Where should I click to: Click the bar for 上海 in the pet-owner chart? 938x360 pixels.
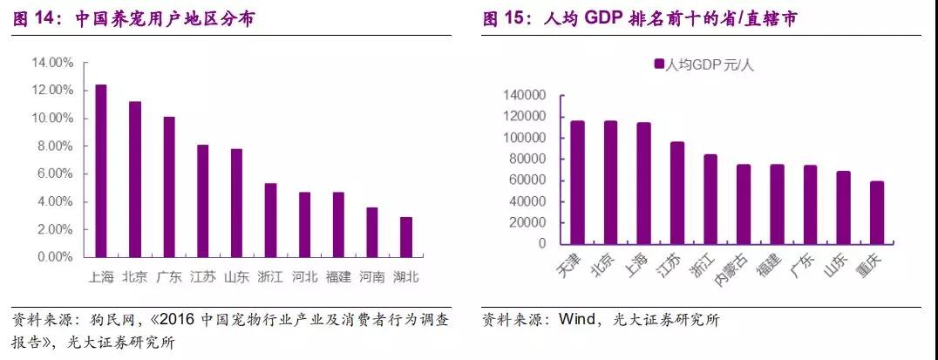pos(101,171)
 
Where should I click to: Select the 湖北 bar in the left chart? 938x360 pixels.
pos(406,237)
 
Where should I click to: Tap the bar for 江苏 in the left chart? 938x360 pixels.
pos(202,201)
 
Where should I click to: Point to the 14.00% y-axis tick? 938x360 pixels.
pos(53,63)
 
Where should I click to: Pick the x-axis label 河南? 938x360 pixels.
pos(372,277)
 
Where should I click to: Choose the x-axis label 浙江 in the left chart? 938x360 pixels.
pos(270,277)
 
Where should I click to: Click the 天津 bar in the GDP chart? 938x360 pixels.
pos(577,182)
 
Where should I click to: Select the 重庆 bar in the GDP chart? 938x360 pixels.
pos(877,213)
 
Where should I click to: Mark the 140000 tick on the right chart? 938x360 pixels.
pos(524,95)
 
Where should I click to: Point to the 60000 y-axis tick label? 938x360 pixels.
pos(527,180)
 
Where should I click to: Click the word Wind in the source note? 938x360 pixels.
pos(576,320)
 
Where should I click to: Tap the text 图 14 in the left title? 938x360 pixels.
pos(36,18)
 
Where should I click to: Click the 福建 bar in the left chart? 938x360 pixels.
pos(338,225)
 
